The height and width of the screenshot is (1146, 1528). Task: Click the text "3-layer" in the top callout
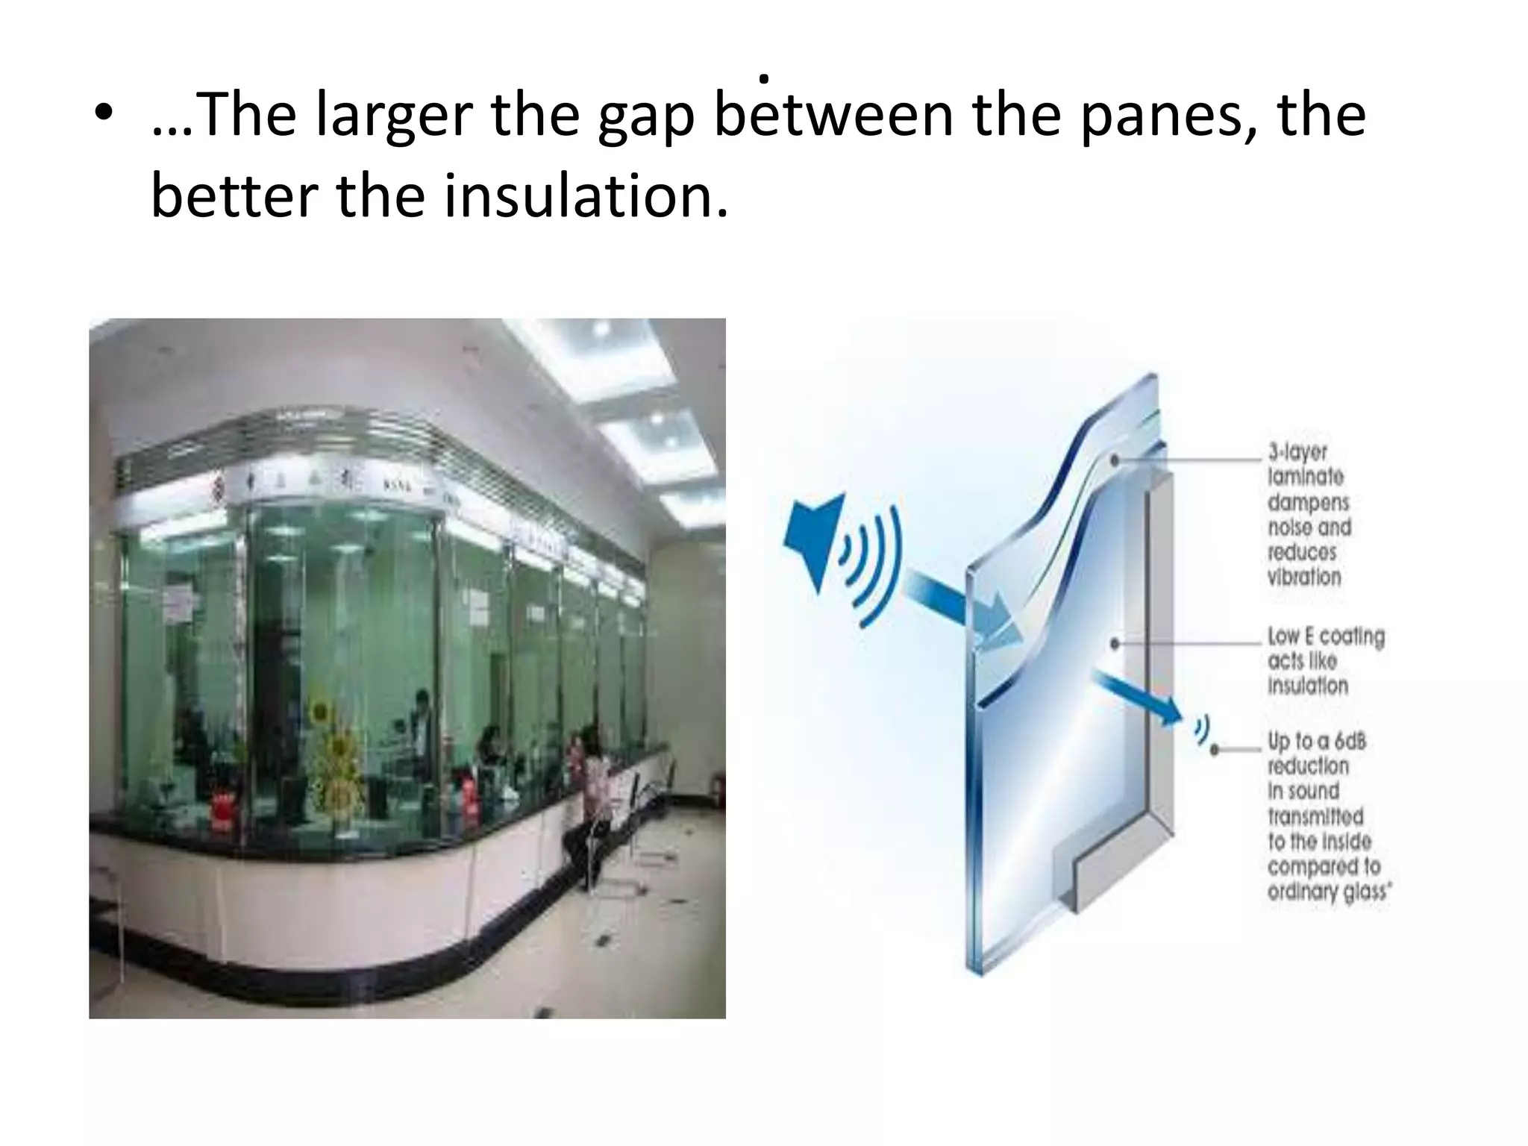(x=1297, y=452)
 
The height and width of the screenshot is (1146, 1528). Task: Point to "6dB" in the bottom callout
(x=1350, y=742)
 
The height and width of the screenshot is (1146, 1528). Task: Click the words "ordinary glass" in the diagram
(x=1327, y=892)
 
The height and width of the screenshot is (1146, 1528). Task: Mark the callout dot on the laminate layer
(x=1115, y=460)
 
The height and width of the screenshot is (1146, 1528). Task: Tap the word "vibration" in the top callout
(x=1304, y=577)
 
